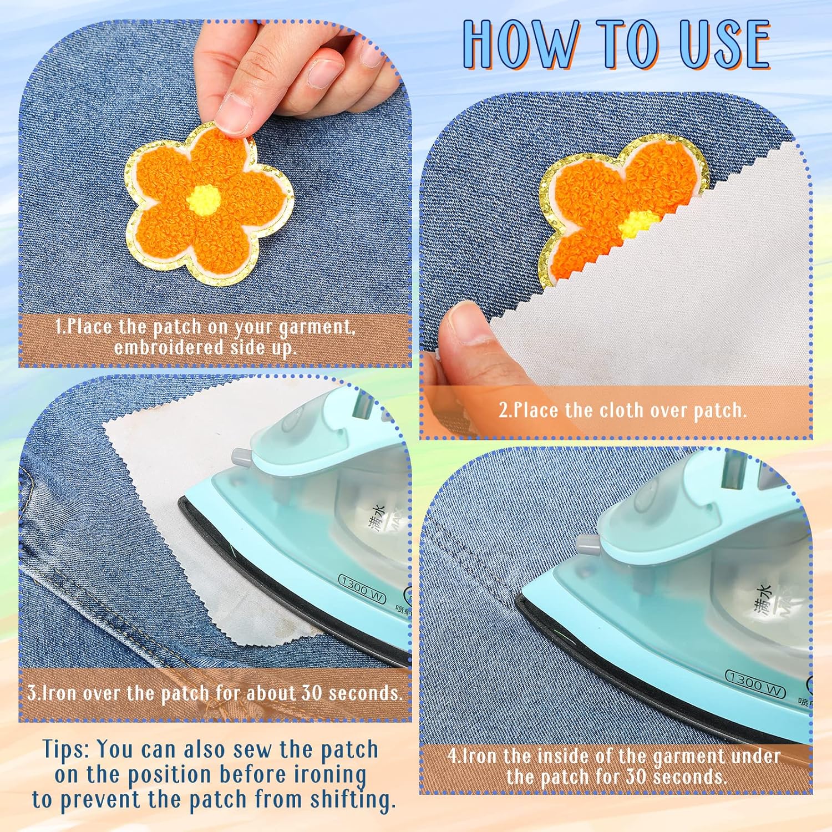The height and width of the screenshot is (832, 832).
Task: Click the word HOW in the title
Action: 520,44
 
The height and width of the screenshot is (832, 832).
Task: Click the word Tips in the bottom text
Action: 66,750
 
